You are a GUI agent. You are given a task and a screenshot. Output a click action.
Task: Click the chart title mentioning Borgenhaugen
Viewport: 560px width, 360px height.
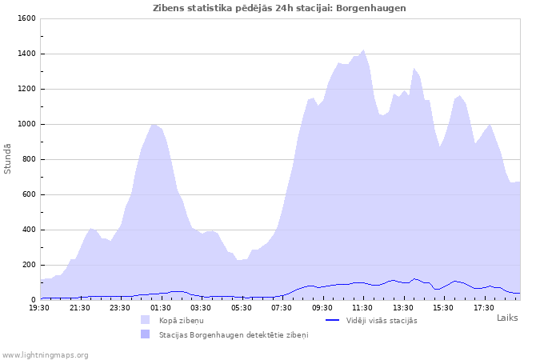(279, 8)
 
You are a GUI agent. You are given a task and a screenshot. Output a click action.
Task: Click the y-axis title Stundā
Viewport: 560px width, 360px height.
(8, 158)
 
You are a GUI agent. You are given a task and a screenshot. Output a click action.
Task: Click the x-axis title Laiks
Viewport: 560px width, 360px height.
(507, 318)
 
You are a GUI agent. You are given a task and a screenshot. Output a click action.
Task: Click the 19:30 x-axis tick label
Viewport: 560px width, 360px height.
(39, 307)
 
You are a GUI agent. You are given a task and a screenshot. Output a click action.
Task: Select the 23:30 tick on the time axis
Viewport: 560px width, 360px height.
(120, 307)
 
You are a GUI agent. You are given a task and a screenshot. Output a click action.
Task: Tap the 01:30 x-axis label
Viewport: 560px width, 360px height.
(161, 307)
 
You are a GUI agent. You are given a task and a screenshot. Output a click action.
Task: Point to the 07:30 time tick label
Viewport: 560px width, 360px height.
(282, 307)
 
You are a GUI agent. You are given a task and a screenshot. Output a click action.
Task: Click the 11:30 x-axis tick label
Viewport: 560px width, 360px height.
(362, 307)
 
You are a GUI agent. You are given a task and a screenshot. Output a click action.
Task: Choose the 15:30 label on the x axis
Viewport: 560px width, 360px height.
(443, 307)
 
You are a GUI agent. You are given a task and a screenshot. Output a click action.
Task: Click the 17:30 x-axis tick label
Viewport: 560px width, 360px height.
(483, 307)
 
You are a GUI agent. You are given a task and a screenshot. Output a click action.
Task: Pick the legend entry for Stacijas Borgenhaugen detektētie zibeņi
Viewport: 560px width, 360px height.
(233, 334)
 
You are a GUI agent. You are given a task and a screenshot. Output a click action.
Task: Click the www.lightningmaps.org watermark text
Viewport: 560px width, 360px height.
(46, 354)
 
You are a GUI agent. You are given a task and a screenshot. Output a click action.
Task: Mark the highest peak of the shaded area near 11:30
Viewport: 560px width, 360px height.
(363, 50)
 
